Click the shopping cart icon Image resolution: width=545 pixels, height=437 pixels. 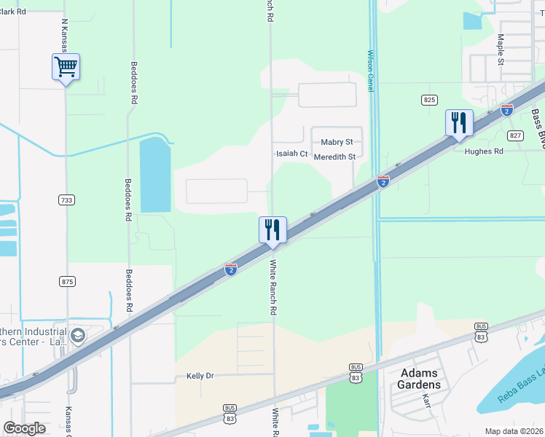[x=66, y=67]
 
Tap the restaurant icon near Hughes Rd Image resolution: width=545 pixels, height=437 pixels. [x=459, y=122]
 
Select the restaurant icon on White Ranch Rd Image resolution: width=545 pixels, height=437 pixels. [x=272, y=229]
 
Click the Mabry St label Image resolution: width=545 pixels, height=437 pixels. [x=337, y=142]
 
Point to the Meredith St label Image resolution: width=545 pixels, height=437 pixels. [x=334, y=157]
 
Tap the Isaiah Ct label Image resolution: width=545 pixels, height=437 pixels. [x=291, y=154]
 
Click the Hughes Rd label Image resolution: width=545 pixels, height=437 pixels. [x=484, y=151]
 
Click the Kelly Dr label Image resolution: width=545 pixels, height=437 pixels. [x=200, y=376]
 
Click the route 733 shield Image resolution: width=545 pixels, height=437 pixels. [x=66, y=199]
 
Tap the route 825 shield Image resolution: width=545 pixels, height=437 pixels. [x=429, y=99]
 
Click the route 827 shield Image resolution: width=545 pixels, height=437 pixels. [x=516, y=135]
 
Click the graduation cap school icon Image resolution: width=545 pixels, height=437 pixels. [x=79, y=336]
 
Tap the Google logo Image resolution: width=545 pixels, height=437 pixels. [x=24, y=428]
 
